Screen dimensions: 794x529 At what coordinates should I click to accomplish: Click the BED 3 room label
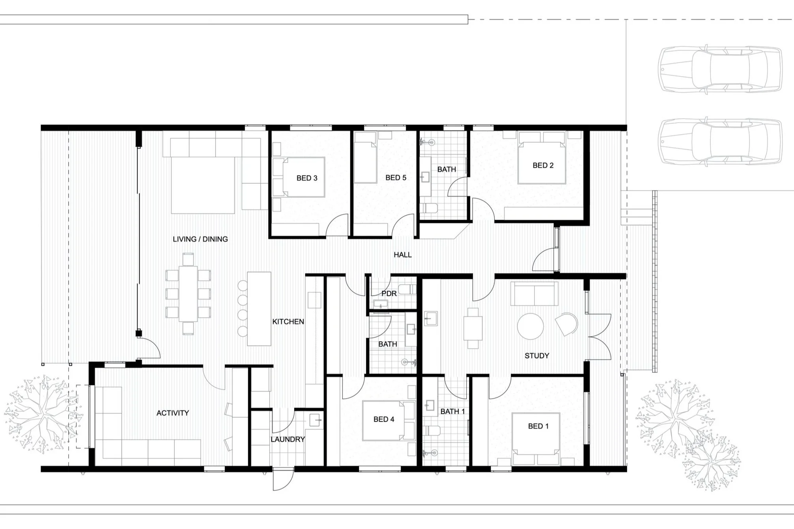[x=307, y=178]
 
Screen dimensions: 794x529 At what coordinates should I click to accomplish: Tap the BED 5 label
[x=396, y=178]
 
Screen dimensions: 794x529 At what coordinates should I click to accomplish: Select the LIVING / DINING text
[x=200, y=239]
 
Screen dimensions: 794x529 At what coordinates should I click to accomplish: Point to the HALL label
[x=402, y=255]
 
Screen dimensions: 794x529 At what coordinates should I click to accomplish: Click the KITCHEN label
[x=288, y=322]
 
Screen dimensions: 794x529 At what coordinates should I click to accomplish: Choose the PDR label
[x=389, y=293]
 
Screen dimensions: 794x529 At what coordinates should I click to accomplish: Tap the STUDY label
[x=537, y=356]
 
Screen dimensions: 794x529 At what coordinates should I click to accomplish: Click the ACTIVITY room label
[x=173, y=413]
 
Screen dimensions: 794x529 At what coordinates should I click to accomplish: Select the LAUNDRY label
[x=288, y=439]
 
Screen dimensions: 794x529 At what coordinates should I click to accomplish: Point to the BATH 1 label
[x=452, y=411]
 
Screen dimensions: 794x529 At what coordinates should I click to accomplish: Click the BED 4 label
[x=384, y=419]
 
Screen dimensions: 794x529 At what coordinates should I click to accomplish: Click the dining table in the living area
[x=188, y=294]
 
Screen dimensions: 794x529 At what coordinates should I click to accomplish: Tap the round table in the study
[x=530, y=326]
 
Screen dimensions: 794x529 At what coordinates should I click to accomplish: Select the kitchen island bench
[x=259, y=309]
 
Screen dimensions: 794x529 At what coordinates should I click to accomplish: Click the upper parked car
[x=720, y=69]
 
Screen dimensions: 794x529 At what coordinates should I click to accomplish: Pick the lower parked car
[x=720, y=141]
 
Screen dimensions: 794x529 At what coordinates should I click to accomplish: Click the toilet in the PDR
[x=407, y=290]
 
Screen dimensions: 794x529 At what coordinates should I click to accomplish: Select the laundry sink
[x=315, y=420]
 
